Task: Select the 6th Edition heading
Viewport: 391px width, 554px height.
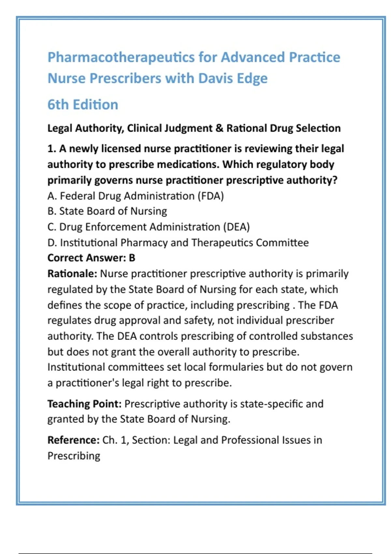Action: click(x=83, y=105)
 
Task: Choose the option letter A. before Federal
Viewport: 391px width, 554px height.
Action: click(x=52, y=196)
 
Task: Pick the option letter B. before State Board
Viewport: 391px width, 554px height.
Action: click(x=52, y=211)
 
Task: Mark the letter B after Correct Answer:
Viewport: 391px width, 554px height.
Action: click(x=132, y=258)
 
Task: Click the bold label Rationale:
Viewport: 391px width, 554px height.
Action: click(x=72, y=274)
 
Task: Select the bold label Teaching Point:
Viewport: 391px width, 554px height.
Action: click(x=84, y=404)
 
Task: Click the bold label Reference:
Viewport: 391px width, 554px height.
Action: click(x=73, y=440)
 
